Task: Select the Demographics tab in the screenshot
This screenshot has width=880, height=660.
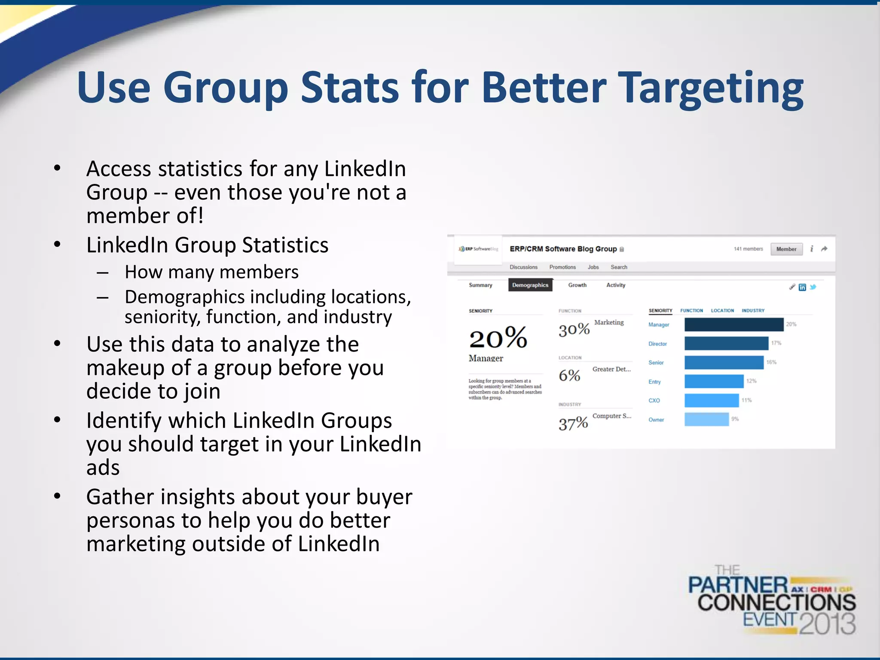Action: point(530,285)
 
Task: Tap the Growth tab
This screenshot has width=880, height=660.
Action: point(577,285)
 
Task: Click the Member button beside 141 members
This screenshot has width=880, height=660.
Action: point(786,249)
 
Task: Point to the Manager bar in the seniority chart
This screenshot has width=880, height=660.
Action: point(733,324)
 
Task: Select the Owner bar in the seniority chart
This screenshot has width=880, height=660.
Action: point(706,419)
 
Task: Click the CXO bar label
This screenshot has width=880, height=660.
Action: point(654,400)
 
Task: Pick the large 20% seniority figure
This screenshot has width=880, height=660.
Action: point(498,338)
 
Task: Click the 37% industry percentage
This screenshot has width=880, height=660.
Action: point(573,424)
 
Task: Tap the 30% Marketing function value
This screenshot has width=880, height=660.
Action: point(574,330)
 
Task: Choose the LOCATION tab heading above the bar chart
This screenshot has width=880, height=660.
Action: point(722,310)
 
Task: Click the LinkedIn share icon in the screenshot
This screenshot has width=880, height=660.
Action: point(802,287)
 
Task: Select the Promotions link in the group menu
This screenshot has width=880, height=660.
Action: point(562,267)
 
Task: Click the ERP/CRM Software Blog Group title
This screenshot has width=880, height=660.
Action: point(563,249)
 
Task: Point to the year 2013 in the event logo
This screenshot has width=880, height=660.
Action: point(828,623)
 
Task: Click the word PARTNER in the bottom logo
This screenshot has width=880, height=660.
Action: point(738,585)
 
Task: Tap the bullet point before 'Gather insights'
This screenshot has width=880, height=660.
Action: point(57,496)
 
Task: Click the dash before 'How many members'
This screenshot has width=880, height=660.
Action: point(102,272)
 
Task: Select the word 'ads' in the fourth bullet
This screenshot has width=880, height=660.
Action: point(103,467)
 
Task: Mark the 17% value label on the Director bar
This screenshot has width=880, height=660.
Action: point(776,343)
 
